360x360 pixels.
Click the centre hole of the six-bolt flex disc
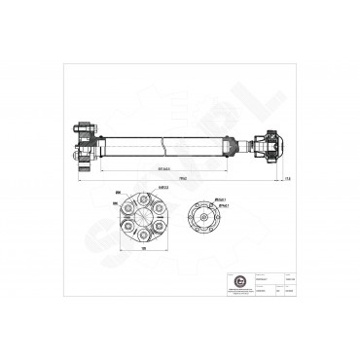click(x=145, y=218)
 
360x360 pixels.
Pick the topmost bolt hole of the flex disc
click(x=145, y=200)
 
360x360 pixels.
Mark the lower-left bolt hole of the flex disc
click(x=129, y=228)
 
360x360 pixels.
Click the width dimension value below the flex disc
click(x=145, y=249)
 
